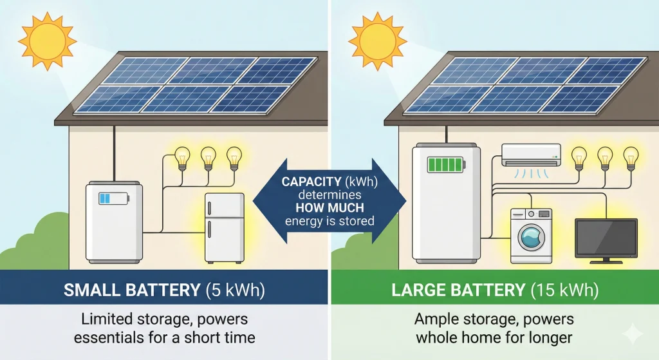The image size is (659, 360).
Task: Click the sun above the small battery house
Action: tap(46, 41)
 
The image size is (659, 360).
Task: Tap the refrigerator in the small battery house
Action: tap(224, 227)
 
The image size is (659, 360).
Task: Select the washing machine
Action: tap(531, 235)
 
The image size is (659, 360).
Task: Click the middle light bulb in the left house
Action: tap(208, 158)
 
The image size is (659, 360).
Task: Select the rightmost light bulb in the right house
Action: tap(630, 157)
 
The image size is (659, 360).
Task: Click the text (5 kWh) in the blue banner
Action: tap(234, 290)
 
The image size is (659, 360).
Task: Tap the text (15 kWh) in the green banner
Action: tap(562, 290)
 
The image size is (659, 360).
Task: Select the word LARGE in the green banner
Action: tap(415, 290)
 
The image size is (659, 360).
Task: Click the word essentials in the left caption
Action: tap(113, 337)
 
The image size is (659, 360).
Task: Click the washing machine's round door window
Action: tap(531, 239)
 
